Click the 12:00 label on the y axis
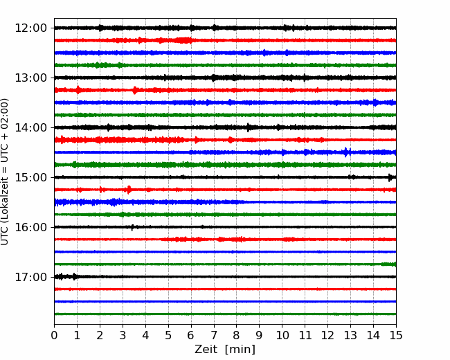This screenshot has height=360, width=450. coord(30,28)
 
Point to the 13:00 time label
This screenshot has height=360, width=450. coord(30,78)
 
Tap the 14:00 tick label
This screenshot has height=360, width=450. coord(30,127)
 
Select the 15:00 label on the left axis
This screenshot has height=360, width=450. coord(30,177)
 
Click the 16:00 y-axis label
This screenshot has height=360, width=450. coord(30,227)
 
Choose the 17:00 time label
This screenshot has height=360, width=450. coord(30,277)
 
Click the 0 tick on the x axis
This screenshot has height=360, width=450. coord(54,335)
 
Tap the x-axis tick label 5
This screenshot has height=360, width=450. coord(168,335)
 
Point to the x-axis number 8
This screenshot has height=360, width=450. coord(237,335)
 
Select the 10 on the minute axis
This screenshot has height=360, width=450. coord(282,335)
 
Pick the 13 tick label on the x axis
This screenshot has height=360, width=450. coord(350,335)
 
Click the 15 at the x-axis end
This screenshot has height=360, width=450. coord(396,335)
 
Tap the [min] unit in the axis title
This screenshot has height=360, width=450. coord(240,350)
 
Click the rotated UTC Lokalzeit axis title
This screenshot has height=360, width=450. coord(5,172)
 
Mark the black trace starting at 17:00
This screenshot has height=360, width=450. coord(225,277)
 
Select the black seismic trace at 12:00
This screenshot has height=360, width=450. coord(225,28)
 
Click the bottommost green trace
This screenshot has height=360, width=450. coord(225,314)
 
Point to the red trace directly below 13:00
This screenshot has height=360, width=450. coord(225,90)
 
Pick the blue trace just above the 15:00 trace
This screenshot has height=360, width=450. coord(225,152)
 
